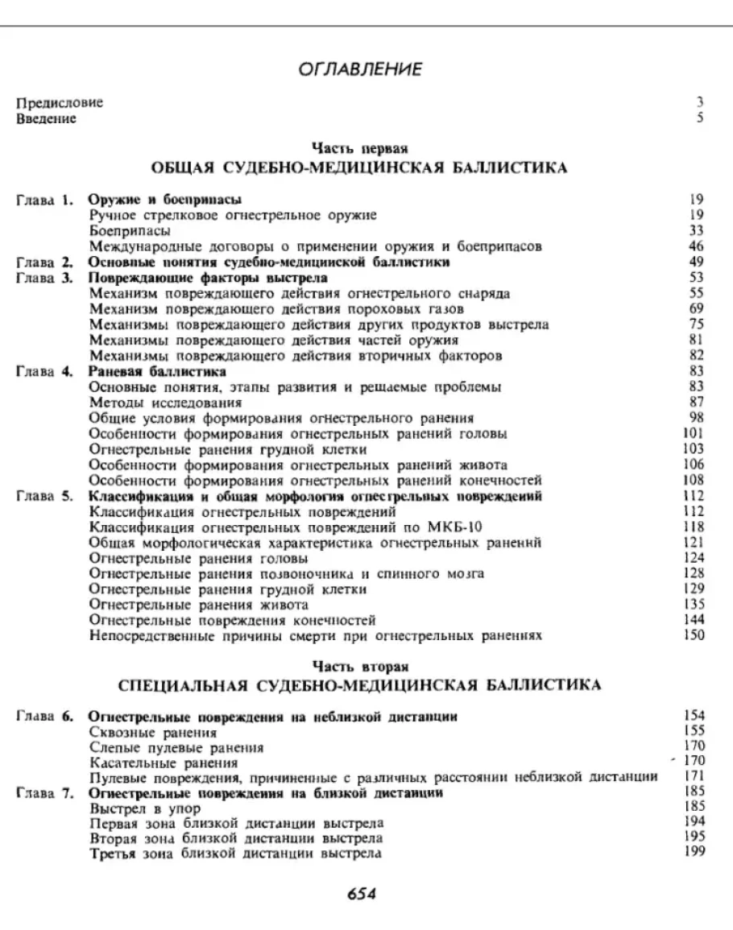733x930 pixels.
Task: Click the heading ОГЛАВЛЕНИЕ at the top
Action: (x=366, y=71)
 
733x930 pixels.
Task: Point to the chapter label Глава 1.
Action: (x=46, y=199)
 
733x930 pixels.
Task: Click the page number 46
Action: (x=698, y=245)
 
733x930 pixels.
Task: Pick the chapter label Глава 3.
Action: (x=46, y=278)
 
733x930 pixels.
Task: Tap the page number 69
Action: (x=698, y=308)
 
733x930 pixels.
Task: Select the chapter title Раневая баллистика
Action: (x=156, y=371)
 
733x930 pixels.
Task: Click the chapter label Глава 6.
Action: (x=46, y=717)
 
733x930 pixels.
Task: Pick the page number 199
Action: (x=694, y=854)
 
